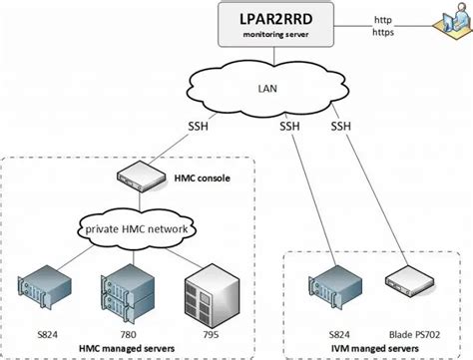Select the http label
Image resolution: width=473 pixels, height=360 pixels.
382,18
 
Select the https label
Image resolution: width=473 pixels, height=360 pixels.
383,32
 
